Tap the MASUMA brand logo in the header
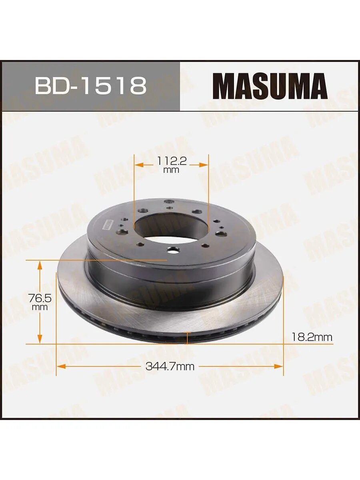tap(270, 86)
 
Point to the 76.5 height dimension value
tap(40, 298)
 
